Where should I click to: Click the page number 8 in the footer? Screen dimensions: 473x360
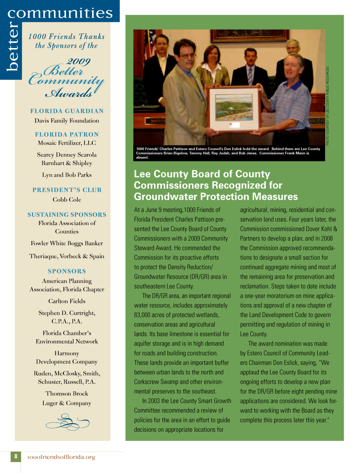[16, 457]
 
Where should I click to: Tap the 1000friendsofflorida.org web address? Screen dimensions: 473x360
[61, 457]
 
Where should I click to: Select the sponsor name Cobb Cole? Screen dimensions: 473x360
[66, 199]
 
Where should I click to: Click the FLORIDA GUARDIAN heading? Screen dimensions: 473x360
[67, 111]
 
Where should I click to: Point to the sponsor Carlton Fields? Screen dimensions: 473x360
[67, 301]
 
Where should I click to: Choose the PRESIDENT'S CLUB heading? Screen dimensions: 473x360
[67, 190]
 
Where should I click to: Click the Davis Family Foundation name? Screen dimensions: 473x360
[67, 121]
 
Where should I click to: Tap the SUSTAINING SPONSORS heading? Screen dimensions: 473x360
[67, 214]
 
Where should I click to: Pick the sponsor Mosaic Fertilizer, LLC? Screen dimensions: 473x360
[67, 143]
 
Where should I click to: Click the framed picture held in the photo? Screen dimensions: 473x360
[234, 108]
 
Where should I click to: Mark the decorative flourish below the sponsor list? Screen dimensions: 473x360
[67, 422]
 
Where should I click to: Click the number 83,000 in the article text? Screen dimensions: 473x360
[144, 315]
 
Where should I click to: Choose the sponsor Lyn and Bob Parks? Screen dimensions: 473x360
[67, 175]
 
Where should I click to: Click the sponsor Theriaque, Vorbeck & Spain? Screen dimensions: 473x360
[67, 256]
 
